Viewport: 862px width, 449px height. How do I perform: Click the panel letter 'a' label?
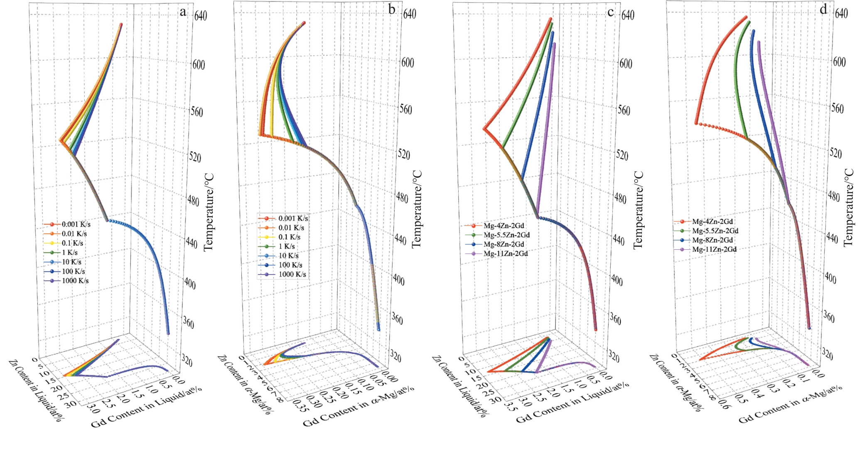click(x=183, y=12)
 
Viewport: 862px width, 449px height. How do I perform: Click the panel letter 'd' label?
click(x=823, y=10)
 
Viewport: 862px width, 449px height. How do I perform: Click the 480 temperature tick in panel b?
click(x=402, y=197)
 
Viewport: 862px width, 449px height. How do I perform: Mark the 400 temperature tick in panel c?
click(x=616, y=281)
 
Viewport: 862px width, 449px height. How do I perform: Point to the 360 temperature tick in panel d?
click(x=828, y=317)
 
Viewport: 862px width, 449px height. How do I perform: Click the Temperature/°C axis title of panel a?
click(x=209, y=212)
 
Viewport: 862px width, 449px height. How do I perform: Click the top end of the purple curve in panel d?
click(x=759, y=42)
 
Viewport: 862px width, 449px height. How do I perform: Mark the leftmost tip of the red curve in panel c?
click(x=484, y=129)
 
